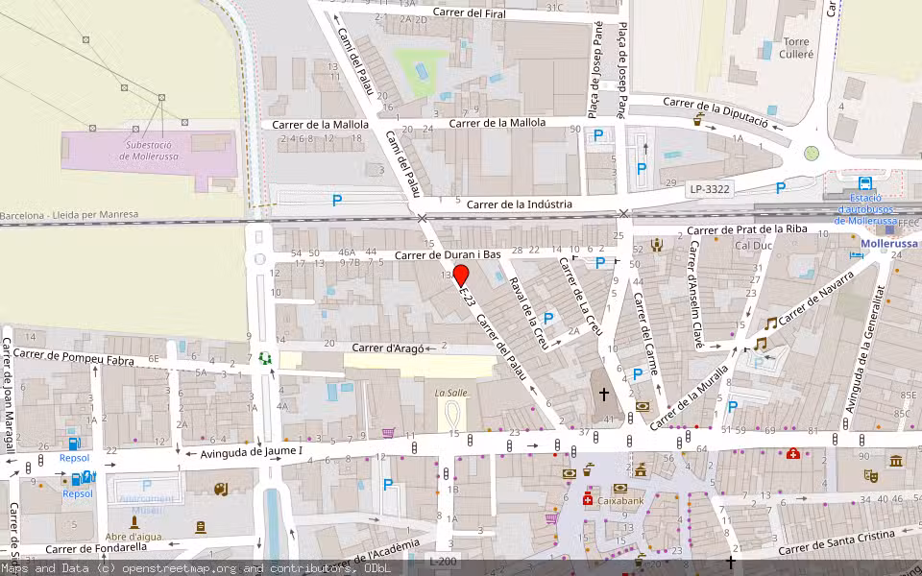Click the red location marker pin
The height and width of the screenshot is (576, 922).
tap(461, 276)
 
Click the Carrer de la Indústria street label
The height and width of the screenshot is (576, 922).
tap(519, 204)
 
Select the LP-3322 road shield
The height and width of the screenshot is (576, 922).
tap(710, 190)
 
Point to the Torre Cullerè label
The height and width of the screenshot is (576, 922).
tap(796, 48)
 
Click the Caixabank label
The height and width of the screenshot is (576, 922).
tap(619, 500)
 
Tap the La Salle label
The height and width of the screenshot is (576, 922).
tap(450, 393)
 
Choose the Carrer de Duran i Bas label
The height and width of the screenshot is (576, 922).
tap(449, 255)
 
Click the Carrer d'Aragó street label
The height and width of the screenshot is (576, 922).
tap(387, 348)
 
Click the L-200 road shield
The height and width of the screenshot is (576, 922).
tap(443, 561)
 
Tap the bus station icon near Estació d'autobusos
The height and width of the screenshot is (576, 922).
tap(865, 183)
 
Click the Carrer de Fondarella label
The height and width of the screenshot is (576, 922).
tap(96, 547)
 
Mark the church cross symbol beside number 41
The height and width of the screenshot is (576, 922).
tap(604, 394)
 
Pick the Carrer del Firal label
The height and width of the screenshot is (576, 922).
tap(470, 12)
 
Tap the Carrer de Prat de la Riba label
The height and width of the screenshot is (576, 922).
tap(746, 229)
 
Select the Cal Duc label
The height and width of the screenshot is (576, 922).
tap(754, 245)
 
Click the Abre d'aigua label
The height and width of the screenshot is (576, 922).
tap(133, 537)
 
